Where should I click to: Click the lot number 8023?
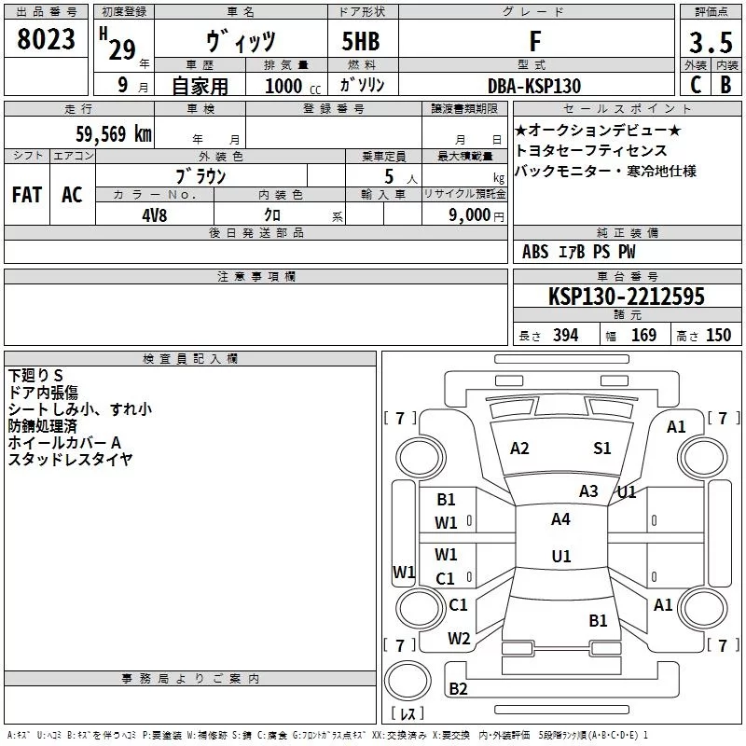pyautogui.click(x=46, y=40)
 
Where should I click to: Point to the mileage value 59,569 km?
pyautogui.click(x=113, y=134)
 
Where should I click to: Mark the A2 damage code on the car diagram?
pyautogui.click(x=519, y=449)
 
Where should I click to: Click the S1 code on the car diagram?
pyautogui.click(x=602, y=449)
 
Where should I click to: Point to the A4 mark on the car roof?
pyautogui.click(x=560, y=519)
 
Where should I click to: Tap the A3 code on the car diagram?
pyautogui.click(x=588, y=491)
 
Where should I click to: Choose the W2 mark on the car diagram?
pyautogui.click(x=458, y=639)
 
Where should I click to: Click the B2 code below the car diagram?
pyautogui.click(x=458, y=689)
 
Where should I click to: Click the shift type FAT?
pyautogui.click(x=26, y=195)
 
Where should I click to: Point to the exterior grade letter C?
pyautogui.click(x=695, y=85)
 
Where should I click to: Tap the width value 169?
pyautogui.click(x=643, y=336)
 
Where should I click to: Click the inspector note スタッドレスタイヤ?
pyautogui.click(x=71, y=459)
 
